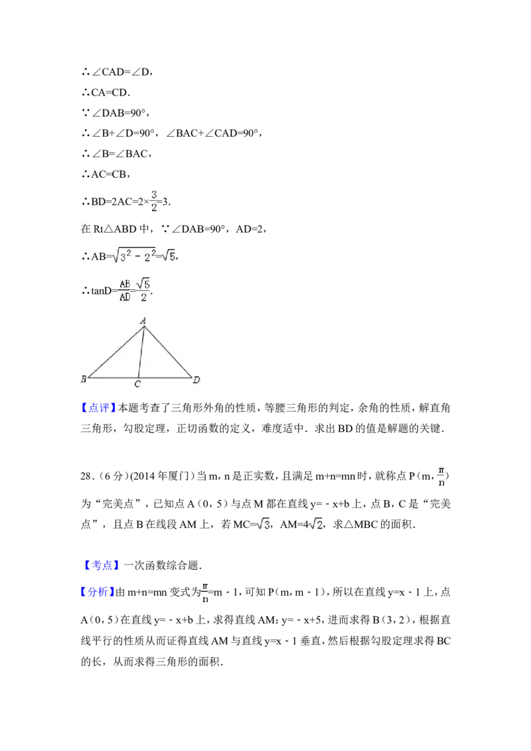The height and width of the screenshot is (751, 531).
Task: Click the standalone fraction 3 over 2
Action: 154,202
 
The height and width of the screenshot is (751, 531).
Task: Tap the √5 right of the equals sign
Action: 169,255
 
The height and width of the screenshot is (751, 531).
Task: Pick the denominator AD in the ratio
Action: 124,297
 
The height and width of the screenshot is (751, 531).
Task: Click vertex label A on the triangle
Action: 143,320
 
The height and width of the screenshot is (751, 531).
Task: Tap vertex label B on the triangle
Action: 84,379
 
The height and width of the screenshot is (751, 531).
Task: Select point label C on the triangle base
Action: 137,384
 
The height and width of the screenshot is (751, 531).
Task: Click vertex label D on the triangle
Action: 196,379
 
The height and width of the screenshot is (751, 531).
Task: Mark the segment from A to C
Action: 141,352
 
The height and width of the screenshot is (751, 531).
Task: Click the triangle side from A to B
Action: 114,352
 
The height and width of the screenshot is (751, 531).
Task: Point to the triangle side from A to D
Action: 167,352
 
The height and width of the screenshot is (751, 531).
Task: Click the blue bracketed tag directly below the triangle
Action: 98,407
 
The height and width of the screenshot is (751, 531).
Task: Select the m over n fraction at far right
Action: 441,475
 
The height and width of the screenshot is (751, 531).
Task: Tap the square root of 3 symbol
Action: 262,523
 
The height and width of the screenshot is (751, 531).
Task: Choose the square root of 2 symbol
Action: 315,523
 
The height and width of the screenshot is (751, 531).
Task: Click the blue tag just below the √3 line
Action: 103,565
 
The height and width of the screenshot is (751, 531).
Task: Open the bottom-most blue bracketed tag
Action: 98,591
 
